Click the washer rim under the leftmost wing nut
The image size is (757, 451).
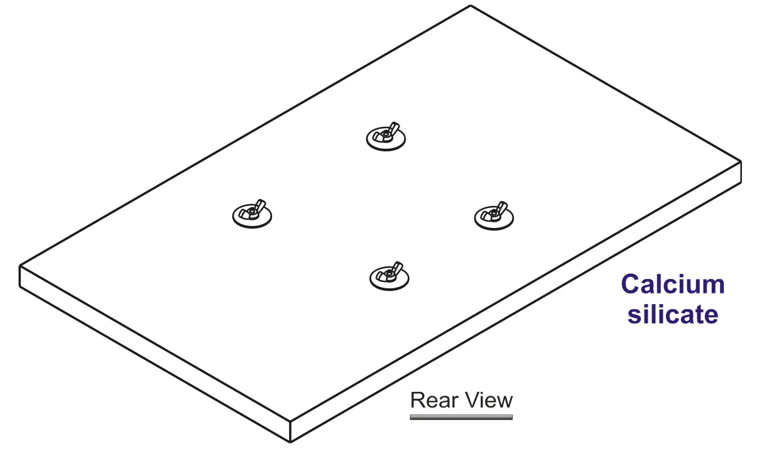click(x=252, y=227)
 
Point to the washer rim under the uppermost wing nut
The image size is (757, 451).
click(x=386, y=149)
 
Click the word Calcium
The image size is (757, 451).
click(x=673, y=284)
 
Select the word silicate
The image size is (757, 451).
click(x=673, y=315)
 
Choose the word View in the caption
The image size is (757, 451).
click(x=487, y=400)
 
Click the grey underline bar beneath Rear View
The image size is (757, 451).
click(x=461, y=418)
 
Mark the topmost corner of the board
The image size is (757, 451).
click(x=471, y=6)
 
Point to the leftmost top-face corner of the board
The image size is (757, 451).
click(x=19, y=266)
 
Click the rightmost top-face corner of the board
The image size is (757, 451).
click(x=741, y=161)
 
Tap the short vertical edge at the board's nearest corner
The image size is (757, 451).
click(x=290, y=432)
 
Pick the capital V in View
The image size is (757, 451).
click(x=470, y=400)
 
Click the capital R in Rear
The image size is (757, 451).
click(x=418, y=400)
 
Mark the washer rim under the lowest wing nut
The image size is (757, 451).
click(x=389, y=289)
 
